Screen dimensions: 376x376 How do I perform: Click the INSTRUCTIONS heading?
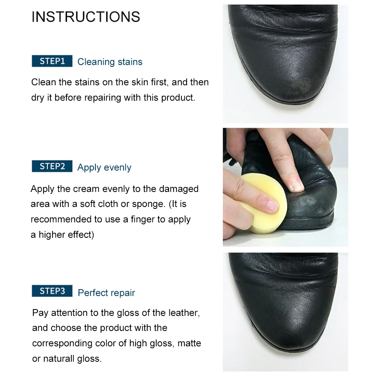pyautogui.click(x=86, y=17)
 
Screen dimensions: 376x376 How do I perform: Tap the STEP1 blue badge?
pyautogui.click(x=52, y=61)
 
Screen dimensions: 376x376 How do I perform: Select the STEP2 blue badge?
pyautogui.click(x=52, y=166)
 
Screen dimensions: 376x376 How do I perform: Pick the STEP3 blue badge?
pyautogui.click(x=52, y=291)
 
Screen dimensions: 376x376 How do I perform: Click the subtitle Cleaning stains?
pyautogui.click(x=110, y=62)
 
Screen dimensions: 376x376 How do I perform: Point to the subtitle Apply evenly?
pyautogui.click(x=104, y=168)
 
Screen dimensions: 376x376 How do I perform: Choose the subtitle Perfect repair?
pyautogui.click(x=106, y=293)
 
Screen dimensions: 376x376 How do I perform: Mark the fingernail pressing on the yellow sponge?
pyautogui.click(x=272, y=205)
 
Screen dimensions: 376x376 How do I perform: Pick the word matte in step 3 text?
pyautogui.click(x=189, y=343)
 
